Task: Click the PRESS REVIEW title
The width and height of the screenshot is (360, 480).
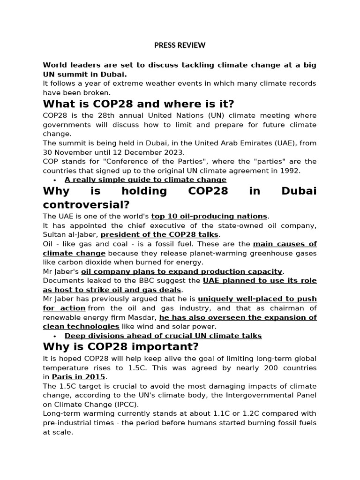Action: point(180,45)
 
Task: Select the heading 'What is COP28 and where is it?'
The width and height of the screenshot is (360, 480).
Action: point(138,104)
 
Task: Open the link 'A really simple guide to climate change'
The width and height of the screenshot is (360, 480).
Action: point(145,180)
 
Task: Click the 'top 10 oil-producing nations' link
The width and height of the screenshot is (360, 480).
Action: point(209,216)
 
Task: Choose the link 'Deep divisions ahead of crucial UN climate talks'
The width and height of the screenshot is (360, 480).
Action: point(163,336)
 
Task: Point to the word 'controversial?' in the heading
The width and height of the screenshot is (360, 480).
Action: point(86,205)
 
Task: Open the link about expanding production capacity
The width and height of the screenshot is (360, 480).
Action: point(182,271)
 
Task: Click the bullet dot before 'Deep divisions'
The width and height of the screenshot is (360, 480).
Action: point(55,336)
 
